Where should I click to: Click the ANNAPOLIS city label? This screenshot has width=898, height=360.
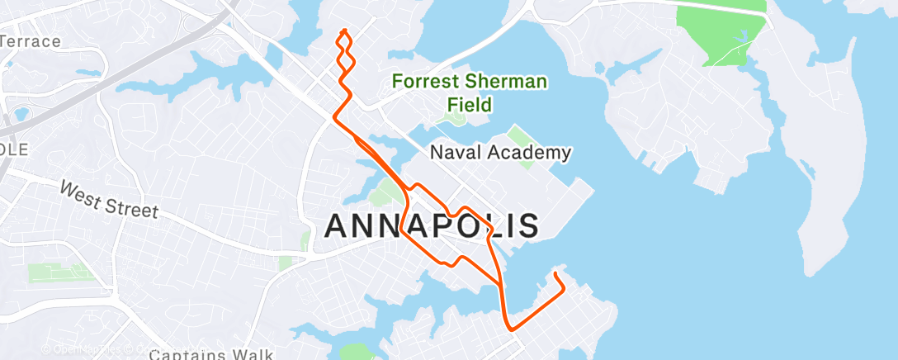[x=432, y=225]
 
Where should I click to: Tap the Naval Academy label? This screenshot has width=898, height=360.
[x=501, y=153]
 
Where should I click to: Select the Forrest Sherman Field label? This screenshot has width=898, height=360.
[x=469, y=92]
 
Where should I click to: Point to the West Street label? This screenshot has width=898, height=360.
[x=107, y=200]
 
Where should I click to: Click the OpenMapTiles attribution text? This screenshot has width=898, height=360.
[x=83, y=349]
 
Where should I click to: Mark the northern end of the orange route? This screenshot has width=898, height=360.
[x=343, y=31]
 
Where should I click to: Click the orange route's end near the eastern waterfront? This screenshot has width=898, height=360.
[x=555, y=273]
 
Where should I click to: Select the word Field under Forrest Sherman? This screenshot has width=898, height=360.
[x=470, y=105]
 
